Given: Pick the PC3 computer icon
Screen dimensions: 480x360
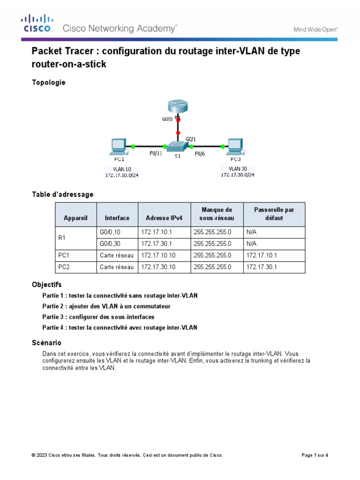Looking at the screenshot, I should point(235,147).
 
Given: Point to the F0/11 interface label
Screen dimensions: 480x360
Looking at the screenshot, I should point(156,153).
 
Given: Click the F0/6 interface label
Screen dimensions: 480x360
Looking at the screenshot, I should point(200,153).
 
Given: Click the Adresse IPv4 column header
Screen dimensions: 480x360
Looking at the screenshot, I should point(164,218).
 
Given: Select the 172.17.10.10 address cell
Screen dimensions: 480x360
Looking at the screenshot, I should point(157,255).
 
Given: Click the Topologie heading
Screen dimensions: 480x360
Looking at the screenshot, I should point(48,82).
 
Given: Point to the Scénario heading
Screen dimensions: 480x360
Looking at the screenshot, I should point(46,343).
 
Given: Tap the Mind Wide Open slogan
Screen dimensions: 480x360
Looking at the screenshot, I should point(315,29).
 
